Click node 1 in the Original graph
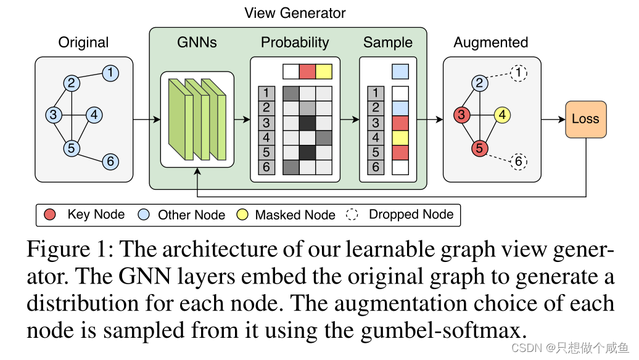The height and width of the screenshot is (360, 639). point(110,73)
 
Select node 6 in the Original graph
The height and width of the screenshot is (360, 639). point(110,161)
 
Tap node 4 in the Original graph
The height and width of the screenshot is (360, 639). point(93,115)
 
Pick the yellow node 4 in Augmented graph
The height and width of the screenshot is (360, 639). point(502,115)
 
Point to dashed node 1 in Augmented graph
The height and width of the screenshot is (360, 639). point(519,73)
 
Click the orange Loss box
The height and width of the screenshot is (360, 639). point(585,119)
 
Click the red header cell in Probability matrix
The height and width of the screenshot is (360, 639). point(307,72)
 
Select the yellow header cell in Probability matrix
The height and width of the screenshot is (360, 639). point(324,72)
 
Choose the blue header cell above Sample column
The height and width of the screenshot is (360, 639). point(400,72)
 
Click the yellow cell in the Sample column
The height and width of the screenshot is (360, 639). point(400,137)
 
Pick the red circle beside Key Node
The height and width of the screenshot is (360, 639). point(51,215)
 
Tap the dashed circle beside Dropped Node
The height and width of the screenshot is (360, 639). point(352,215)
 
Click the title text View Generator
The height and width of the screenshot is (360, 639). point(295,13)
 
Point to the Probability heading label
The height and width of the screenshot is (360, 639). point(295,43)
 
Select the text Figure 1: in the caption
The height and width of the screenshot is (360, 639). point(68,250)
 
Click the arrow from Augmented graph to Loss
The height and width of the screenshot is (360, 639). point(553,119)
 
